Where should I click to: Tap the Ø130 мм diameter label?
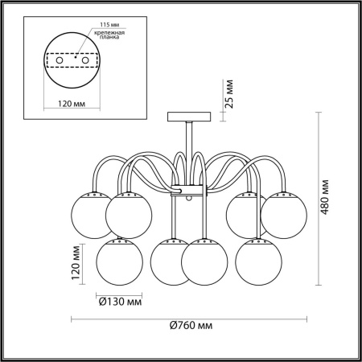121,302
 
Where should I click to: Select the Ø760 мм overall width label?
191,326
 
